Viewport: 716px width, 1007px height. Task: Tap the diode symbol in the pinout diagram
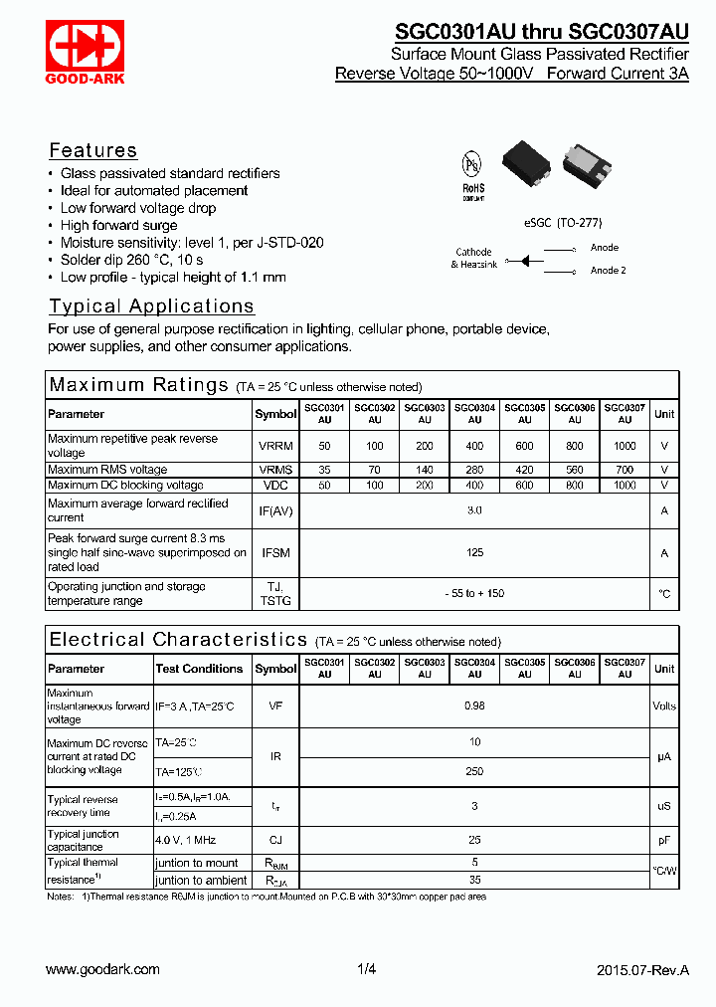point(527,259)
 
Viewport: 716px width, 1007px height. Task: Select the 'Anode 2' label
point(608,270)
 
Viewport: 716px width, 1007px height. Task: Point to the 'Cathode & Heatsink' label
point(473,258)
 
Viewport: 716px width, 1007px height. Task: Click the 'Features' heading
point(93,150)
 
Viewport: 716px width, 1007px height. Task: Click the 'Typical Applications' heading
point(151,306)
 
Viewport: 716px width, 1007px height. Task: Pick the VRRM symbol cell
point(275,446)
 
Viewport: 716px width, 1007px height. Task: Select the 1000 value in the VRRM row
point(625,446)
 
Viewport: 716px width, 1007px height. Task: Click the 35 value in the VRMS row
point(324,470)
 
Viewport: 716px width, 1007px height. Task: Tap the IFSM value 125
point(474,553)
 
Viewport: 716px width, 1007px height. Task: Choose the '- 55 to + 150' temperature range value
point(474,593)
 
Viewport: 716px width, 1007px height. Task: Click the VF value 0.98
point(474,705)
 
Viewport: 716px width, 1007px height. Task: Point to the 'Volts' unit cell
point(664,705)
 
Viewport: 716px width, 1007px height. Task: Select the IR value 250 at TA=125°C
point(474,771)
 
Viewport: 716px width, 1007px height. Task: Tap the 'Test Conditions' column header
point(199,669)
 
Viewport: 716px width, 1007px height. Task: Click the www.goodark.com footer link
point(102,969)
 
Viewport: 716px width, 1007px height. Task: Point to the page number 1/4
point(366,969)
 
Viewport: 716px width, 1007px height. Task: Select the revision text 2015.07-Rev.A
point(642,969)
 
